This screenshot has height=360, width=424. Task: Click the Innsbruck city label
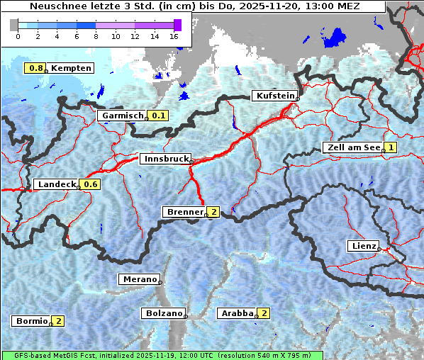(164, 159)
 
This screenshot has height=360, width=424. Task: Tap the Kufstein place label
(274, 96)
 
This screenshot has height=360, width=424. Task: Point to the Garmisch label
(121, 116)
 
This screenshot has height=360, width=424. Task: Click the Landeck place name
(57, 184)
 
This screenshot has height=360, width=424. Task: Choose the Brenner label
(184, 212)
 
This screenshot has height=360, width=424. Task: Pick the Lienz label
(363, 246)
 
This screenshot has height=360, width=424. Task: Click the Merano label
(138, 279)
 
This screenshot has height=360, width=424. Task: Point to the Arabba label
(237, 313)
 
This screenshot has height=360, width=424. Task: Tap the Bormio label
(31, 321)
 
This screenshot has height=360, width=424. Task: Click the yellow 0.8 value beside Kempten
(36, 68)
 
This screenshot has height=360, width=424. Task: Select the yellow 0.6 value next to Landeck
(90, 184)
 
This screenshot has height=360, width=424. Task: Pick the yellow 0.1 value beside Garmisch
(158, 116)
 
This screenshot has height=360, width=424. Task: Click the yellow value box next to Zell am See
(390, 147)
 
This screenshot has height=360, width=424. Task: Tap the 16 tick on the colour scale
(174, 35)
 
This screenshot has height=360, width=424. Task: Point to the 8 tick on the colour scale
(96, 35)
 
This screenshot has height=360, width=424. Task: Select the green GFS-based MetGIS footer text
(162, 355)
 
